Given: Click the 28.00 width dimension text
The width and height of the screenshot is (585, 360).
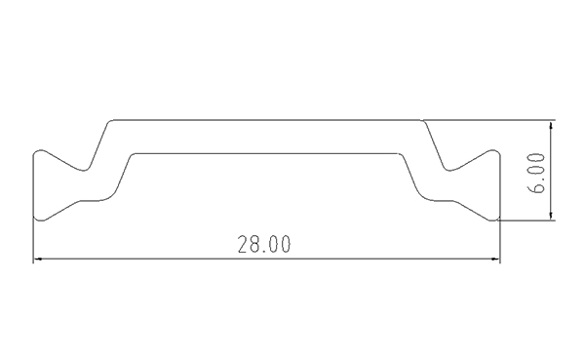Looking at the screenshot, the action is pos(264,244).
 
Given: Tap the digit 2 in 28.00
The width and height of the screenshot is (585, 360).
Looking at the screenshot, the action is pos(243,244).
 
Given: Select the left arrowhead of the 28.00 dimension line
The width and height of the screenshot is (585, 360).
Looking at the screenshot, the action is pos(37,259).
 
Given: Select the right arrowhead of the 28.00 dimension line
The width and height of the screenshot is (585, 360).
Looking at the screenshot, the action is pos(496,259).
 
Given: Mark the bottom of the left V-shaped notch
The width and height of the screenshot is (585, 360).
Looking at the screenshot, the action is pos(84,171).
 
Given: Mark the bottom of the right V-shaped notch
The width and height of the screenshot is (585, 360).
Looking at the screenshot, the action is pos(448,171).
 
